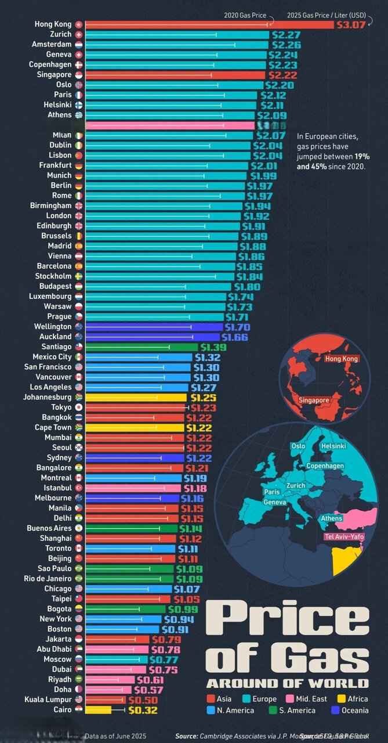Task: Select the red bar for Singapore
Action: [174, 75]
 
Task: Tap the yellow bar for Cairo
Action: [98, 709]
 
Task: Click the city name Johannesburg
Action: [48, 397]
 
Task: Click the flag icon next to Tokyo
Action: [79, 407]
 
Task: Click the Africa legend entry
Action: [351, 699]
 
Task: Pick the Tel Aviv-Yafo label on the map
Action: [344, 536]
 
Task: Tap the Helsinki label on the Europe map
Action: [333, 446]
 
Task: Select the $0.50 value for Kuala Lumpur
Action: [139, 699]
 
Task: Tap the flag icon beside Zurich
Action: [79, 35]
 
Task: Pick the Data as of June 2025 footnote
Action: [115, 736]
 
